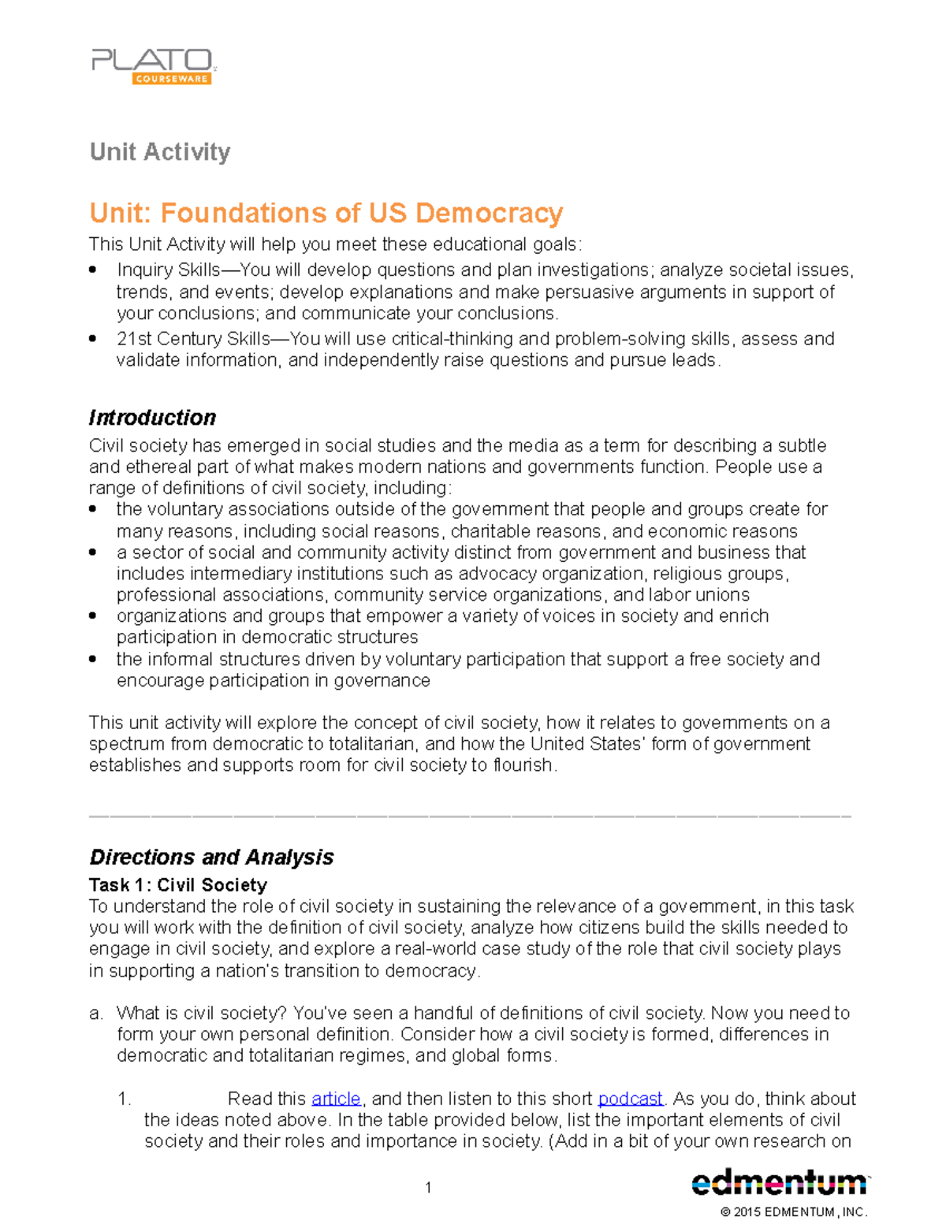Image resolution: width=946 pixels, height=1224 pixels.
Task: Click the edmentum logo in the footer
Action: [779, 1182]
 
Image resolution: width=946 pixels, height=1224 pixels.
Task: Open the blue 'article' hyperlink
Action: [336, 1099]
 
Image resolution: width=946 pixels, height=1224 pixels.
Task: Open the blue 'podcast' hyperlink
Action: [630, 1099]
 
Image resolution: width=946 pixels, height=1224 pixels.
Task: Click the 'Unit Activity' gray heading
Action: [160, 151]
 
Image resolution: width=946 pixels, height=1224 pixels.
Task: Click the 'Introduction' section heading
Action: [152, 418]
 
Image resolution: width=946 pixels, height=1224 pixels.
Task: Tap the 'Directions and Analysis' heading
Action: [211, 857]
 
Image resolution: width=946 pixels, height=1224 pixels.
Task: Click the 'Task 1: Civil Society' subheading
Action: [178, 884]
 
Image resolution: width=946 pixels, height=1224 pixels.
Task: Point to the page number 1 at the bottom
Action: [428, 1188]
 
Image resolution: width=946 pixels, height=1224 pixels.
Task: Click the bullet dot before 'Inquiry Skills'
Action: [93, 270]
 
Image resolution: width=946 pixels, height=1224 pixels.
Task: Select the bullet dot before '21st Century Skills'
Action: [93, 339]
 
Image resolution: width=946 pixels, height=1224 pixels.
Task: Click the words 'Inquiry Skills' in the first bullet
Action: [169, 270]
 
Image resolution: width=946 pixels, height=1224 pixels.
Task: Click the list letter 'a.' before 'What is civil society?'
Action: [96, 1013]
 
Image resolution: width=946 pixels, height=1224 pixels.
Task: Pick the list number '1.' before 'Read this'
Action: [124, 1099]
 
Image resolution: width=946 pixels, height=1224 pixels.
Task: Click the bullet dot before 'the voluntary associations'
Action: [93, 510]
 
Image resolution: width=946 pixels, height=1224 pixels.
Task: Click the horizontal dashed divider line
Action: [470, 814]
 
